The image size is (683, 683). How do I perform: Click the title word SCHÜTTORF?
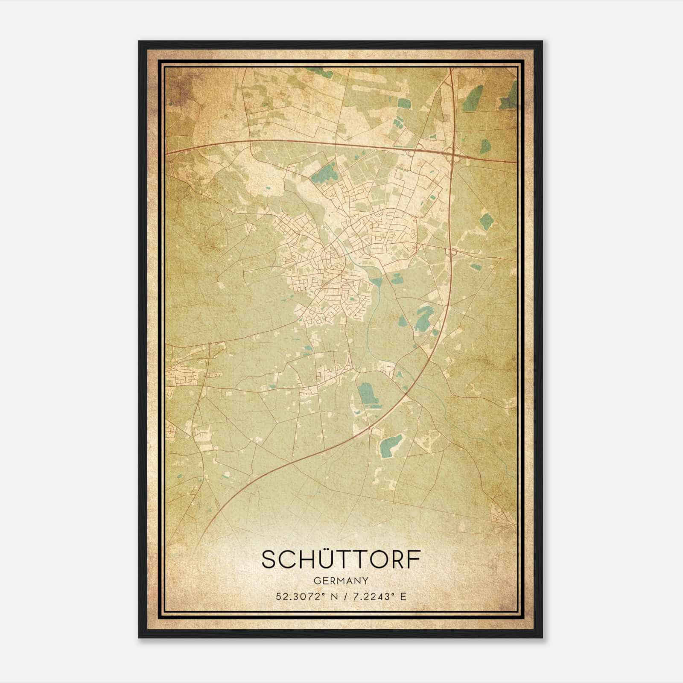[341, 560]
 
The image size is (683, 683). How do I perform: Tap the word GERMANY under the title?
[341, 581]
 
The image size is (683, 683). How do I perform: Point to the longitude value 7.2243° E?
[378, 596]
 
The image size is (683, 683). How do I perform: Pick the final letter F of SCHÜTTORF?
[412, 560]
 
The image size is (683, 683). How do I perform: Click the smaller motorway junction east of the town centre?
[449, 253]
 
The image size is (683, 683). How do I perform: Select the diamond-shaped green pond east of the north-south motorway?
[486, 221]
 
